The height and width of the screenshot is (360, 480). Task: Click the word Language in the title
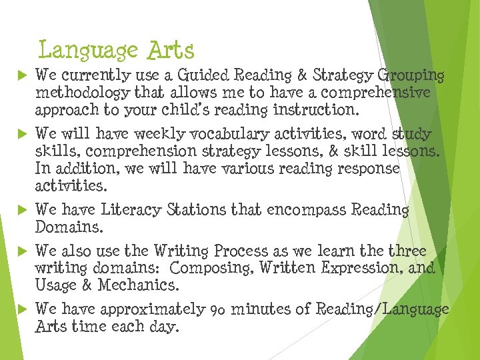click(88, 51)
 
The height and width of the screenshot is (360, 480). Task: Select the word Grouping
click(411, 75)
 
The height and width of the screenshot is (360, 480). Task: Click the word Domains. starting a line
click(69, 227)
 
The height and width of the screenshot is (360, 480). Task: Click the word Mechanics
click(139, 285)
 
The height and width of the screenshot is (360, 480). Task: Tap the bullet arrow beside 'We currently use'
click(20, 76)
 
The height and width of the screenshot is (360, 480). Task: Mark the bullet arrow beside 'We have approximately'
click(20, 310)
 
